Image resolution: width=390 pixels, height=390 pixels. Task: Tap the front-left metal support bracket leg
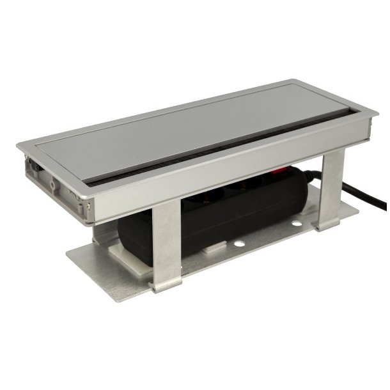pyautogui.click(x=166, y=243)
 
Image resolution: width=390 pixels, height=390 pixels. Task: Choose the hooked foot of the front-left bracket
pyautogui.click(x=162, y=285)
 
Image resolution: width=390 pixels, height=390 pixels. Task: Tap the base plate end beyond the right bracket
pyautogui.click(x=348, y=212)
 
